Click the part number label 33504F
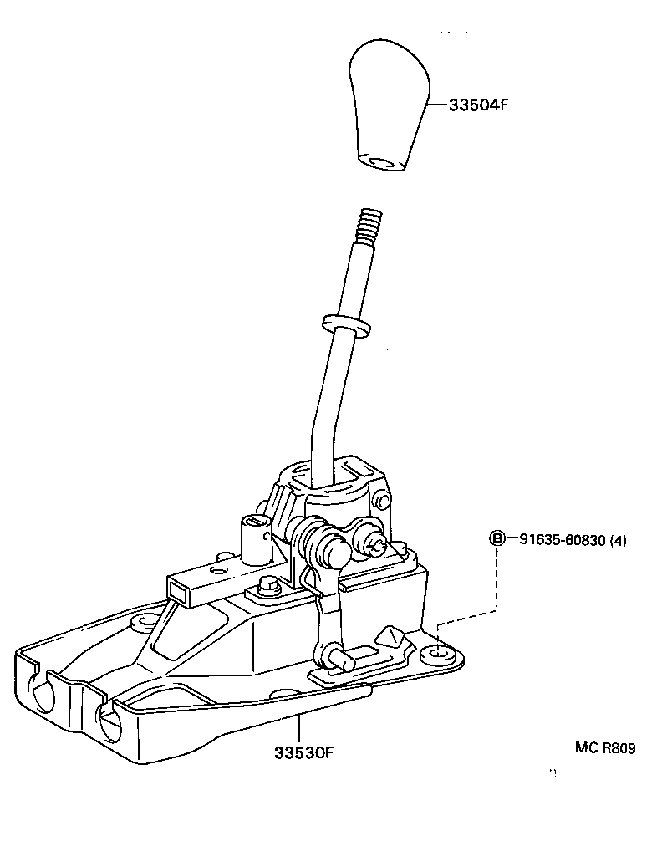[478, 106]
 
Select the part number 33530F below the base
[303, 752]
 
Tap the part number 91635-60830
[557, 540]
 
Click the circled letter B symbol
[496, 539]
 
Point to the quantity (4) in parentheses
[618, 540]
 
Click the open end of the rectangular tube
[180, 591]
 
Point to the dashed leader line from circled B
[497, 585]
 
